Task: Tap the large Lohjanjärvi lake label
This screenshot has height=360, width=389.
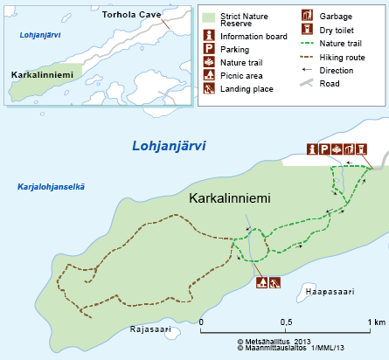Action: click(169, 146)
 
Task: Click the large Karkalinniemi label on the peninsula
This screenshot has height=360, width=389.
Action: click(230, 198)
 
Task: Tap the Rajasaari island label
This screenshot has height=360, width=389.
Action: click(148, 329)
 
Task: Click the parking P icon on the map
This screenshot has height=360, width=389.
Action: click(324, 149)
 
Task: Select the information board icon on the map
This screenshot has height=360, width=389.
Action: click(312, 149)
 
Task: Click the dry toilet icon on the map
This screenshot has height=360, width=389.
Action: click(361, 149)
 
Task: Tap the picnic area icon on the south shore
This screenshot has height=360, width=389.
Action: click(261, 282)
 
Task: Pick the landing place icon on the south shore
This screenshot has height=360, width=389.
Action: click(274, 282)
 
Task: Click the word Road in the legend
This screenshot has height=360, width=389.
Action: click(330, 83)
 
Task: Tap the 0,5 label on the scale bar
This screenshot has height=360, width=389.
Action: click(285, 322)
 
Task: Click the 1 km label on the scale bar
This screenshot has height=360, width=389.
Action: click(375, 322)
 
